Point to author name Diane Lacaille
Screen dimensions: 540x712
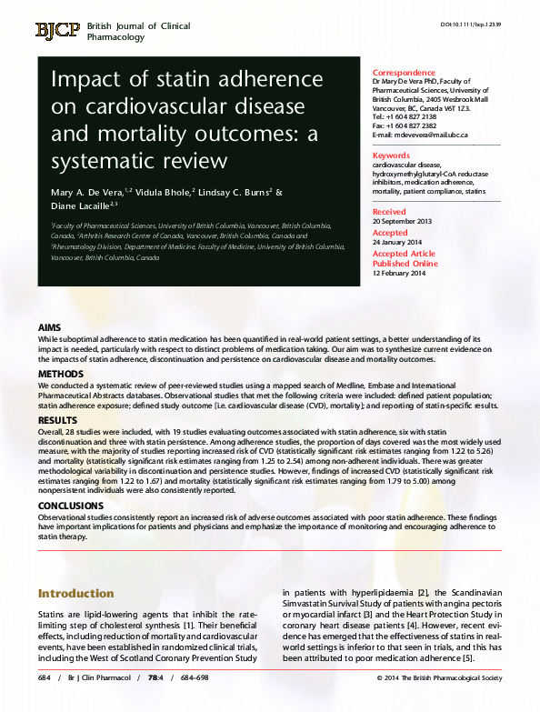tap(77, 206)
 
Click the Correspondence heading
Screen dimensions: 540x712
tap(404, 73)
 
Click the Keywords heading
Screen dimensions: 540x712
tap(392, 155)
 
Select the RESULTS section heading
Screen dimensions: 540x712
tap(56, 421)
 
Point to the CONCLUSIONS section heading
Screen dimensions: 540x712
tap(71, 505)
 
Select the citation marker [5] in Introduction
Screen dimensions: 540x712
tap(467, 658)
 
